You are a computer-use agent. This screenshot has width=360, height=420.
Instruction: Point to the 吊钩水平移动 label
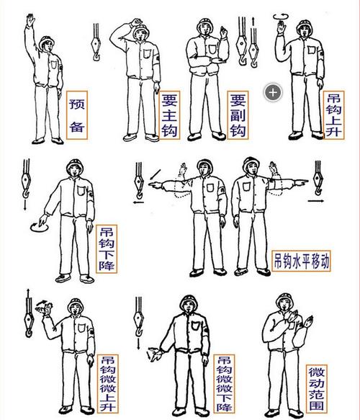[302, 260]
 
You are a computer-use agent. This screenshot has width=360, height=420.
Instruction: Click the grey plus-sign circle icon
[273, 91]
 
